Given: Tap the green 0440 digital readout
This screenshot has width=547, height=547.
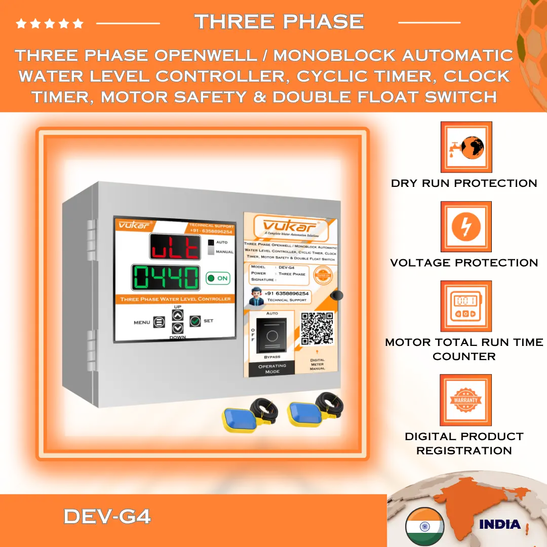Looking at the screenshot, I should pos(166,278).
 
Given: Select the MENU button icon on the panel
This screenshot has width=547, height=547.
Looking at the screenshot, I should pos(159,322).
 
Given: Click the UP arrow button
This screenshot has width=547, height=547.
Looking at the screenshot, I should pos(177,315).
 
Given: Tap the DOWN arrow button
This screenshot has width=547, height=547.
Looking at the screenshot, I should pos(177,328).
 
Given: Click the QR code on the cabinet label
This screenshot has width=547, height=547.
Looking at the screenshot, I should pos(317,328).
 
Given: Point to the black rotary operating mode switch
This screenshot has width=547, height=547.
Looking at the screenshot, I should pos(271,335).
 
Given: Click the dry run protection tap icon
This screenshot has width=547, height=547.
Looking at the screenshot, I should pos(466,147).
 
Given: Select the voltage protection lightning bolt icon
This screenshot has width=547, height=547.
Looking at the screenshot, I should pos(466,227).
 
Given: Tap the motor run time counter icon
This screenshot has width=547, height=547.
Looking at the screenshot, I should pos(466,306).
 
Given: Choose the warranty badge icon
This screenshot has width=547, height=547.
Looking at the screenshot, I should pos(466,400).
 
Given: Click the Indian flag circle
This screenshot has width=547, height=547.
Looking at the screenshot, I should pos(424,526).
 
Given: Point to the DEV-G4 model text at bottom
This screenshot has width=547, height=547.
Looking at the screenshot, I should pos(107,517).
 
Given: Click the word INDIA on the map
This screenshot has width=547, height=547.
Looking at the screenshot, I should pos(499,524).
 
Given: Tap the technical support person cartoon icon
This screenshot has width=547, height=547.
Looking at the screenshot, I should pos(257,296).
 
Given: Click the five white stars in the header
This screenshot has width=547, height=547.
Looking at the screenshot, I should pos(50,23).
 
